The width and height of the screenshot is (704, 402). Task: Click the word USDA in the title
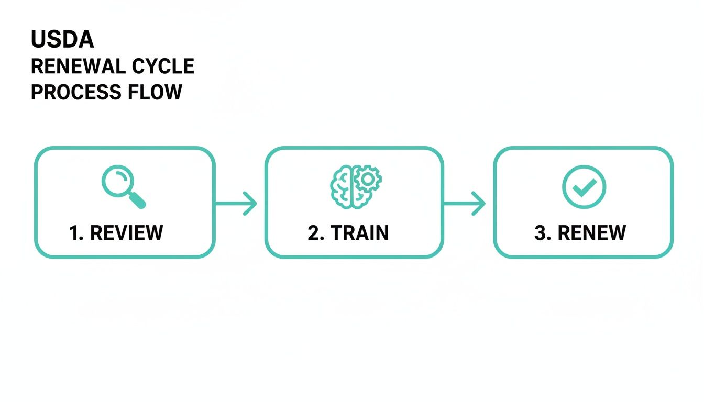click(62, 40)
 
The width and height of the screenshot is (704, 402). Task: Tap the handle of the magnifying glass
click(137, 200)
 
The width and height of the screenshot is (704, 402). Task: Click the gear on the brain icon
click(368, 179)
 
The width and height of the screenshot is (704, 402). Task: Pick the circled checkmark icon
click(584, 187)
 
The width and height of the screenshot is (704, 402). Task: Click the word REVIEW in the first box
click(126, 233)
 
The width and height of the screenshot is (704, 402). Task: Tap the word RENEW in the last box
click(591, 233)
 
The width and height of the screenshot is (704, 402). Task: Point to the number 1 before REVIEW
click(75, 233)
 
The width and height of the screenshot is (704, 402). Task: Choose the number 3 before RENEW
click(541, 233)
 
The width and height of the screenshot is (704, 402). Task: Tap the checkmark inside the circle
click(584, 187)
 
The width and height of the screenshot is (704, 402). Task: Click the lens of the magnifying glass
click(117, 181)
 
